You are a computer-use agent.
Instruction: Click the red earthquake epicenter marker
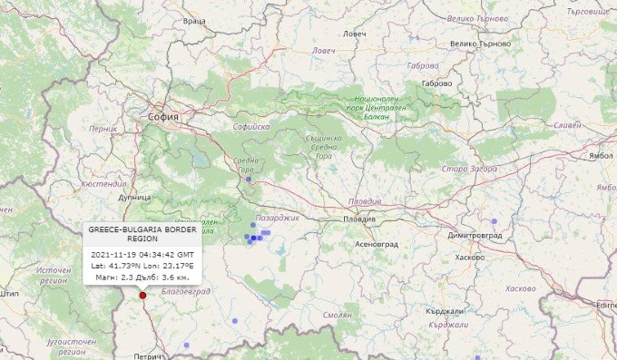142,295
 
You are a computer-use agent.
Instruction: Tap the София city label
165,118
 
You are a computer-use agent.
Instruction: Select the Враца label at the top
194,19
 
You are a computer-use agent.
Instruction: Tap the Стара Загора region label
468,169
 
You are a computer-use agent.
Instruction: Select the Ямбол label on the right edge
602,156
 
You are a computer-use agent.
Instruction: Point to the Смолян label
337,315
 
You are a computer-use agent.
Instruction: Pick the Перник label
103,129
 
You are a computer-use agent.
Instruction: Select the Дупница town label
133,196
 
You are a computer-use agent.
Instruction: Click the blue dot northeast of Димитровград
495,221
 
